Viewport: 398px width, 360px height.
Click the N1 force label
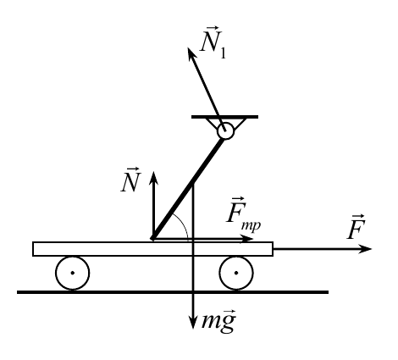[213, 42]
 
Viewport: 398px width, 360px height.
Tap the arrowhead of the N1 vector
[191, 53]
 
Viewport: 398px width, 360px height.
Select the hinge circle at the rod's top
[225, 131]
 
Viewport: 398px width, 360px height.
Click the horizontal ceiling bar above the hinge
[224, 117]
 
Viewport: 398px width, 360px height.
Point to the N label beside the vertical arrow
[130, 180]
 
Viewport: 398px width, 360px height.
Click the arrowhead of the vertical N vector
[153, 177]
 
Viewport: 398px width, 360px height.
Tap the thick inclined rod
[188, 189]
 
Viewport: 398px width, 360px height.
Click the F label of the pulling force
[357, 227]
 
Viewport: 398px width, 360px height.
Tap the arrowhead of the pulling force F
[365, 249]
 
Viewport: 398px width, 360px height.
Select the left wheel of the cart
[73, 273]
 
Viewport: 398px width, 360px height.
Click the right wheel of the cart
[236, 273]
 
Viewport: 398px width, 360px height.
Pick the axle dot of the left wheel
[73, 273]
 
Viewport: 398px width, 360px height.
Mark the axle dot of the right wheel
[236, 273]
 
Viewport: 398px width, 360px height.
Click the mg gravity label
[218, 321]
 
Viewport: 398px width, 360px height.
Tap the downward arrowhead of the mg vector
[193, 323]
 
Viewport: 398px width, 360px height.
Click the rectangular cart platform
[152, 249]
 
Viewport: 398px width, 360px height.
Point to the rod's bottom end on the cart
[152, 239]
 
